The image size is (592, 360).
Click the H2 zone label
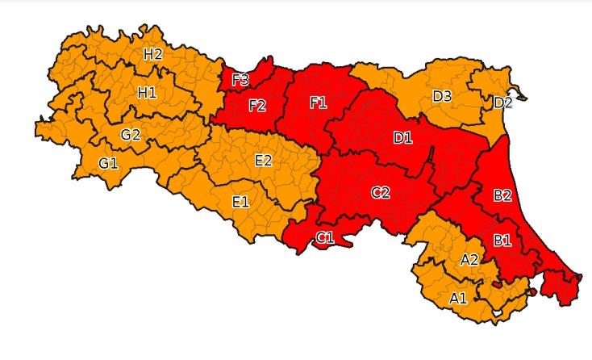(x=153, y=55)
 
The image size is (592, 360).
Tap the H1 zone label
(x=147, y=93)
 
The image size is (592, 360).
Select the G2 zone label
(x=131, y=134)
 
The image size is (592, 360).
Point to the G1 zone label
(x=108, y=164)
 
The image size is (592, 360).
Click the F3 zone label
(x=240, y=79)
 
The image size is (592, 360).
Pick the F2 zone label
(x=257, y=106)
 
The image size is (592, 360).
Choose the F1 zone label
(x=319, y=103)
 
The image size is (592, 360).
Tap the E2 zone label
(x=263, y=160)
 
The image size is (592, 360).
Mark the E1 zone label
(x=240, y=201)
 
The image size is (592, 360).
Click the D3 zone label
(x=442, y=97)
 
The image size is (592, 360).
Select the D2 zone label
(x=502, y=103)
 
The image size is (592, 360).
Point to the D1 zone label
(x=402, y=138)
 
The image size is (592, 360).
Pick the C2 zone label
(x=381, y=192)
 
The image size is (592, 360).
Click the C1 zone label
(x=325, y=237)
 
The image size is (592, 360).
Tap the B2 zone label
(x=502, y=195)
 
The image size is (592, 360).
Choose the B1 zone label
(x=502, y=239)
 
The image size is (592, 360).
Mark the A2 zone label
(x=469, y=259)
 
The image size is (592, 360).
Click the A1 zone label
(x=458, y=298)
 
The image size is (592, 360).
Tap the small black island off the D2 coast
(x=522, y=97)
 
